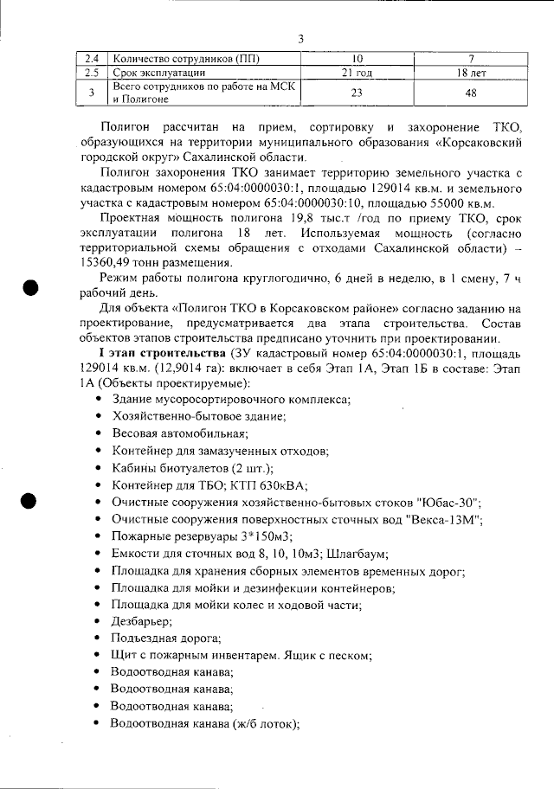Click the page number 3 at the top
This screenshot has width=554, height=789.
[x=300, y=39]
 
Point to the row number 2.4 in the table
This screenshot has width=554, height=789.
[x=91, y=59]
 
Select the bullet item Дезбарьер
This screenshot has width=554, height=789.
[x=141, y=621]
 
